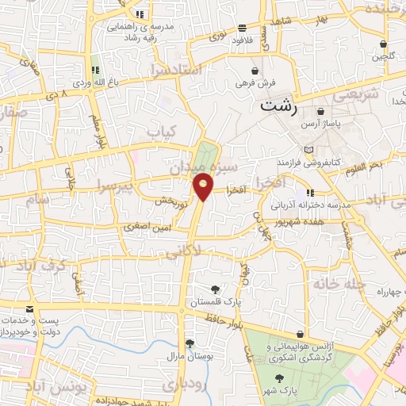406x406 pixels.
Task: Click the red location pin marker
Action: click(x=204, y=187)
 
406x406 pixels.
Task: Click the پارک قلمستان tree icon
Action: click(x=216, y=289)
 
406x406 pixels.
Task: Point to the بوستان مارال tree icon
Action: click(x=190, y=343)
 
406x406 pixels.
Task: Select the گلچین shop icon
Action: click(x=384, y=44)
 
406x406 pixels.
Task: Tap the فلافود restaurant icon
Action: click(x=240, y=28)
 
